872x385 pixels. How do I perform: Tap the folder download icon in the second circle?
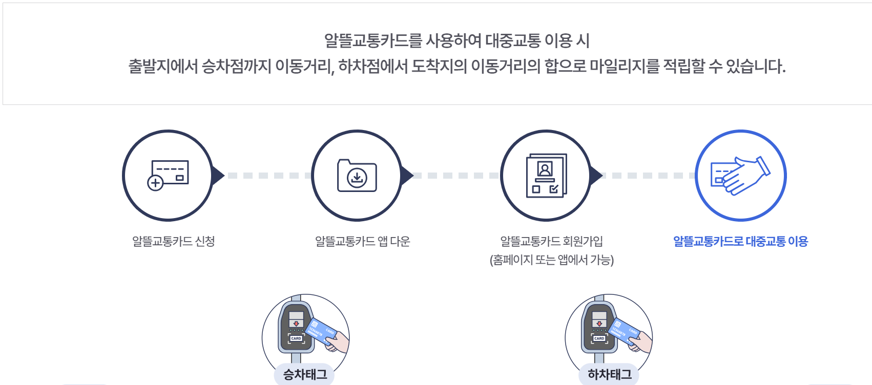pyautogui.click(x=357, y=176)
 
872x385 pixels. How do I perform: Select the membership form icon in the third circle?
pyautogui.click(x=546, y=176)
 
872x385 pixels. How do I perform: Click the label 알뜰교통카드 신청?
pyautogui.click(x=173, y=241)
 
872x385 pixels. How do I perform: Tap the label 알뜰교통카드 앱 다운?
pyautogui.click(x=362, y=241)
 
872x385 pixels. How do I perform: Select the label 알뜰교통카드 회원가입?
pyautogui.click(x=551, y=241)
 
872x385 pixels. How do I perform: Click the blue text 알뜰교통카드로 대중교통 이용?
pyautogui.click(x=740, y=241)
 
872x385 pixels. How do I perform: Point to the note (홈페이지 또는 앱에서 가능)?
pyautogui.click(x=551, y=260)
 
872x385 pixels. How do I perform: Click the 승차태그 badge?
pyautogui.click(x=305, y=374)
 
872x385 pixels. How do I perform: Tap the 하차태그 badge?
pyautogui.click(x=610, y=374)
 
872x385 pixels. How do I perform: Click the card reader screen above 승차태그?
pyautogui.click(x=296, y=319)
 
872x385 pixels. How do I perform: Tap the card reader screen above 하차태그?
pyautogui.click(x=599, y=319)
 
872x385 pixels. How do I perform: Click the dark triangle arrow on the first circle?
pyautogui.click(x=218, y=176)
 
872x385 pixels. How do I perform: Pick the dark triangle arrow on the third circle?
pyautogui.click(x=596, y=176)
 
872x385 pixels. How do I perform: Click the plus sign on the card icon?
pyautogui.click(x=155, y=183)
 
